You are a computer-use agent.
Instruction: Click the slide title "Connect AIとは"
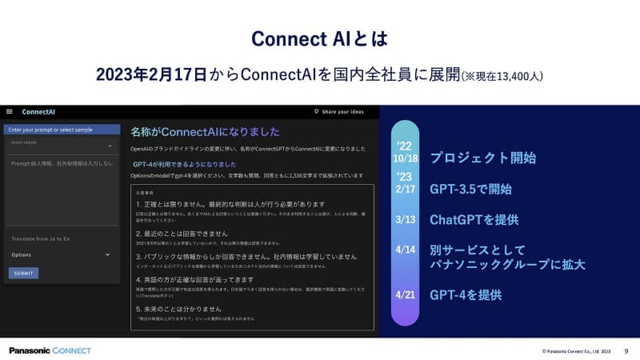pyautogui.click(x=319, y=38)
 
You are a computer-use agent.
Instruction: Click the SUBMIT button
pyautogui.click(x=23, y=273)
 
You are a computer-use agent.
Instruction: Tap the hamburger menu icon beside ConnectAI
pyautogui.click(x=9, y=112)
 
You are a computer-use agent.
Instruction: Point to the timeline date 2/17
pyautogui.click(x=406, y=190)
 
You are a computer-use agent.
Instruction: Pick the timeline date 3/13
pyautogui.click(x=406, y=219)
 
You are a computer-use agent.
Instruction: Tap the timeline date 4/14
pyautogui.click(x=406, y=250)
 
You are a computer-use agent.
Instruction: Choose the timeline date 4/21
pyautogui.click(x=406, y=294)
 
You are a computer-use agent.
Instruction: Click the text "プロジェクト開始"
pyautogui.click(x=482, y=158)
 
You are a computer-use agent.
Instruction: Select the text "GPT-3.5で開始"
pyautogui.click(x=470, y=190)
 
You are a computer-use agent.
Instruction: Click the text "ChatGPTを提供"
pyautogui.click(x=474, y=219)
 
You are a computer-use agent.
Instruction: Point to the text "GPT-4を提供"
pyautogui.click(x=466, y=294)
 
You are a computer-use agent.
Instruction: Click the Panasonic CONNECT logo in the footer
pyautogui.click(x=50, y=350)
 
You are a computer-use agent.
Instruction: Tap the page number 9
pyautogui.click(x=626, y=350)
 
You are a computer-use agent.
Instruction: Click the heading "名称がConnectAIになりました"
pyautogui.click(x=205, y=131)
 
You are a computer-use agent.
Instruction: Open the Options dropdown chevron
pyautogui.click(x=107, y=254)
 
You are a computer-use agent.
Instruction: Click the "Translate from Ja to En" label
pyautogui.click(x=40, y=239)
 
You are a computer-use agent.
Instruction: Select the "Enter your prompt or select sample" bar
pyautogui.click(x=62, y=129)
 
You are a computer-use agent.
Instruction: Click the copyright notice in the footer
pyautogui.click(x=576, y=351)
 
